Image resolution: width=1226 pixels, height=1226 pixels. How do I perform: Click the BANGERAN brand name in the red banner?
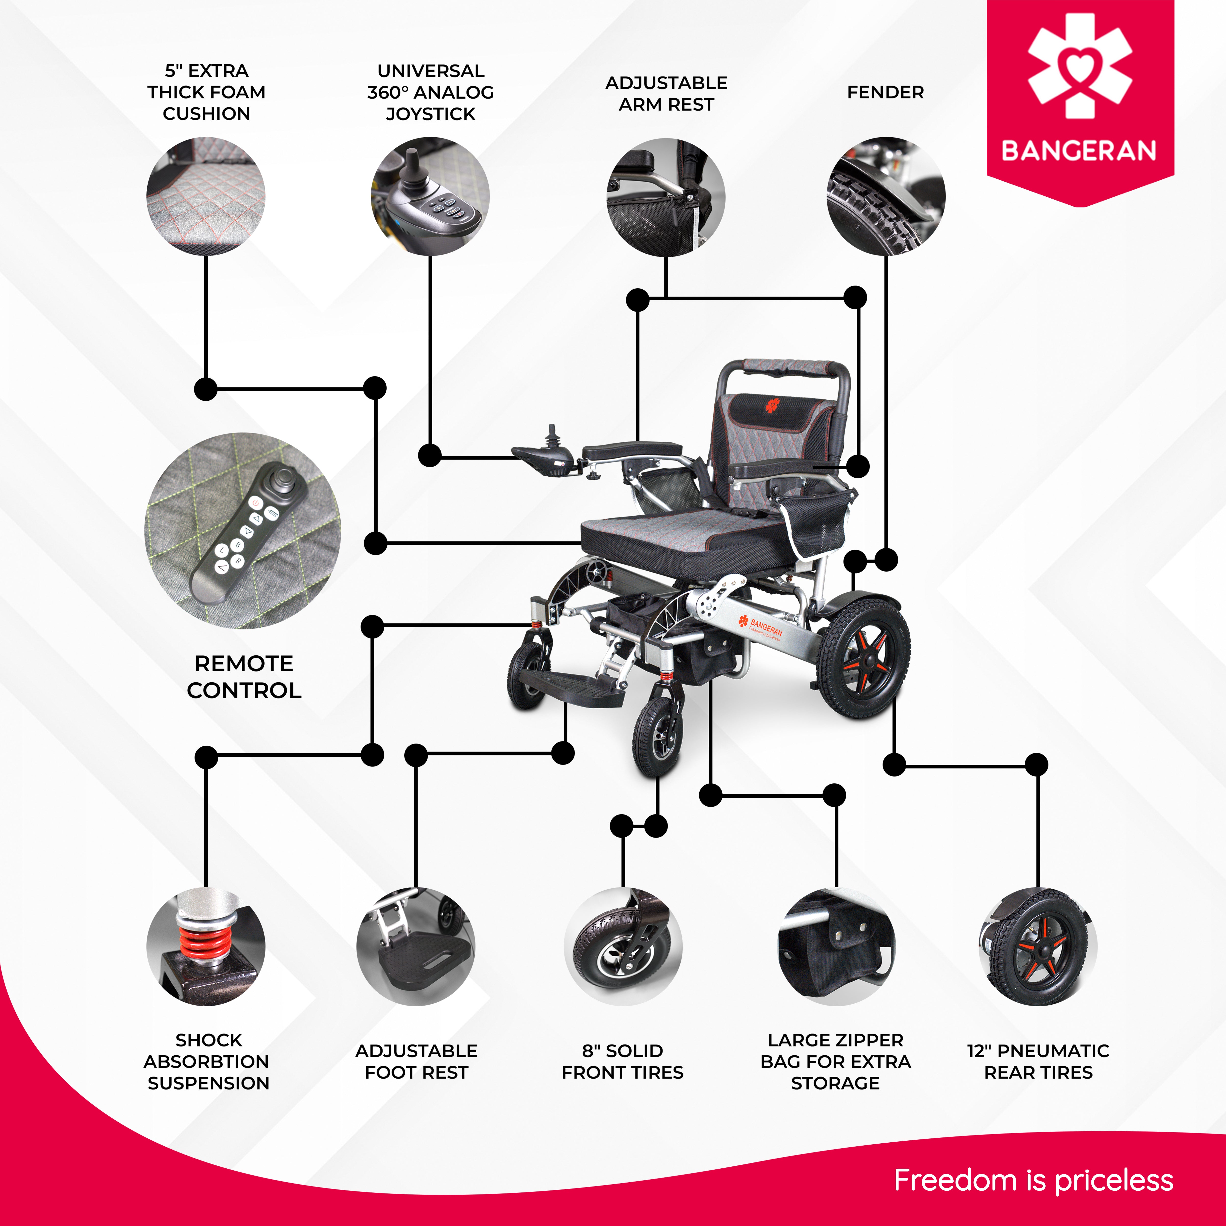1079,151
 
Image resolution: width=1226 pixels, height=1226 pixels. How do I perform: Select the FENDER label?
885,93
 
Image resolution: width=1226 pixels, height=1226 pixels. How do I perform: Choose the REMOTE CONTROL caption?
244,677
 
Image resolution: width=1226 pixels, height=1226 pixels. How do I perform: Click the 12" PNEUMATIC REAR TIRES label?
1038,1061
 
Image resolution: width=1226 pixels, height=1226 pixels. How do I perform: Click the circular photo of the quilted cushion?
206,197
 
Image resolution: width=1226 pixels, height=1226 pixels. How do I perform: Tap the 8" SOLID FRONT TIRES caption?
623,1061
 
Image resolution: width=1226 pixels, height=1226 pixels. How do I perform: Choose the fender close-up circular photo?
886,197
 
